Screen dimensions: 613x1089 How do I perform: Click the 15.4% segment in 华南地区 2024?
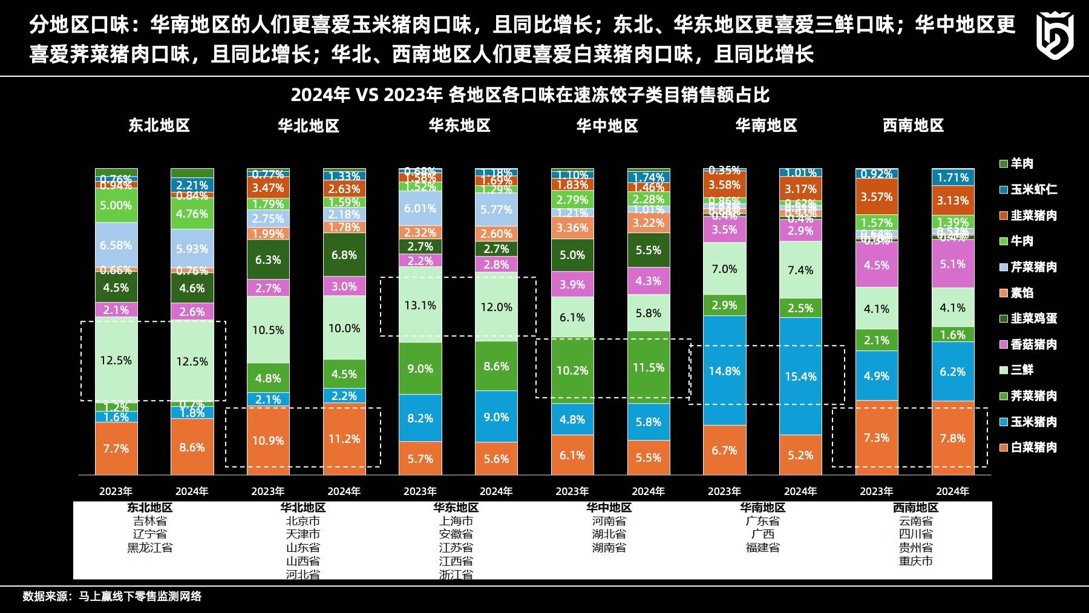pyautogui.click(x=800, y=376)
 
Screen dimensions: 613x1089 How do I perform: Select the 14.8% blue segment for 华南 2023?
pyautogui.click(x=724, y=371)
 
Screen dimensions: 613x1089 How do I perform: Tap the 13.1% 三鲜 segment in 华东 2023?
pyautogui.click(x=420, y=305)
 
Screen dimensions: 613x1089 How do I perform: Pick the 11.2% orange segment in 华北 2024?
pyautogui.click(x=344, y=439)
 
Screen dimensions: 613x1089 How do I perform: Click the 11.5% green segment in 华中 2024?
pyautogui.click(x=649, y=367)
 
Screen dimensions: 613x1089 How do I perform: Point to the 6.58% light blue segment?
pyautogui.click(x=116, y=245)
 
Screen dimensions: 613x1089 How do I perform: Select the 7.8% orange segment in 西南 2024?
pyautogui.click(x=952, y=438)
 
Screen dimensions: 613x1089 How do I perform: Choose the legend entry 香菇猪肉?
pyautogui.click(x=1033, y=344)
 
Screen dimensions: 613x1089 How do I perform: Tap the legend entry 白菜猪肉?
pyautogui.click(x=1033, y=447)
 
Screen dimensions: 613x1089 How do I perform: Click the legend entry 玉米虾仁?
pyautogui.click(x=1033, y=189)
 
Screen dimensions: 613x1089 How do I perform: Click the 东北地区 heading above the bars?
pyautogui.click(x=159, y=125)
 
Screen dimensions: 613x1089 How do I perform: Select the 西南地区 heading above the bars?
pyautogui.click(x=913, y=125)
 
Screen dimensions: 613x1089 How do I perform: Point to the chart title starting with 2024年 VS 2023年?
pyautogui.click(x=530, y=95)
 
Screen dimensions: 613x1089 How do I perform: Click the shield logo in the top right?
pyautogui.click(x=1055, y=35)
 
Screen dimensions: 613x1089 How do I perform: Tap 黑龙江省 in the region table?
pyautogui.click(x=149, y=548)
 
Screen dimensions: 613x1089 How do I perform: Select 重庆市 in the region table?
pyautogui.click(x=915, y=561)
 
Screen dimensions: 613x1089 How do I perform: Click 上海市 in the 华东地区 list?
pyautogui.click(x=456, y=521)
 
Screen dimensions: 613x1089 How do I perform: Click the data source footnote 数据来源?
pyautogui.click(x=112, y=596)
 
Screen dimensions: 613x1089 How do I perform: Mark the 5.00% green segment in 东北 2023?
pyautogui.click(x=116, y=205)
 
